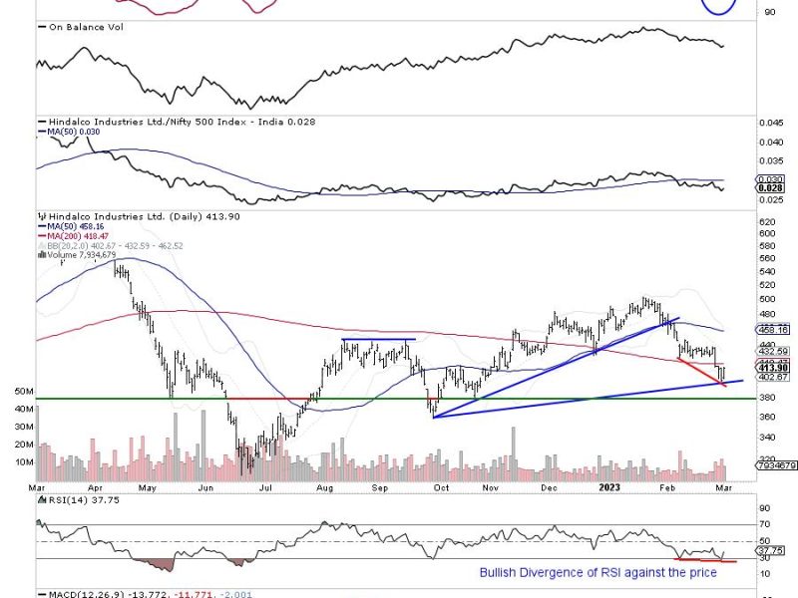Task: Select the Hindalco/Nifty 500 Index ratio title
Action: point(154,120)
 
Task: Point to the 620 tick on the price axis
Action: point(767,220)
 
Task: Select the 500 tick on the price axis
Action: point(767,299)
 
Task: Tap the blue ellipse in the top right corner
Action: point(718,6)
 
